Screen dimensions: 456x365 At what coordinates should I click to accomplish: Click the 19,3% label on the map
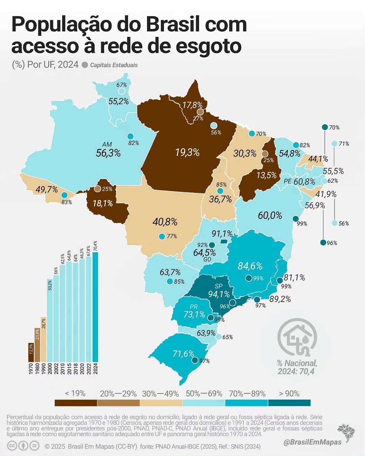tap(187, 152)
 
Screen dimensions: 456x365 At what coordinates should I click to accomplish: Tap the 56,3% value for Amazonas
tap(108, 153)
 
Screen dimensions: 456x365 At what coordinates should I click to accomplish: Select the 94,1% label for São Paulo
tap(219, 294)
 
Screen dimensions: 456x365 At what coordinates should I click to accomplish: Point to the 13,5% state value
tap(266, 175)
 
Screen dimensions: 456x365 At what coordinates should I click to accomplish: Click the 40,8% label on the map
tap(165, 222)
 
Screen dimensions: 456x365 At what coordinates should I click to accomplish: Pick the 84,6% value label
tap(250, 266)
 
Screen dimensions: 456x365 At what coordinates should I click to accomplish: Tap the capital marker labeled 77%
tap(162, 236)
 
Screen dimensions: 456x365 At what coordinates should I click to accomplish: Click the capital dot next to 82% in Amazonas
tap(130, 136)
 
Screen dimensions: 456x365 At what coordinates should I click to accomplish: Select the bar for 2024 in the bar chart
tap(95, 307)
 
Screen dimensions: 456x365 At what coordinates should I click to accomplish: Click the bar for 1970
tap(31, 352)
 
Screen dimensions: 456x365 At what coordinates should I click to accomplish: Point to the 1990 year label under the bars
tap(44, 368)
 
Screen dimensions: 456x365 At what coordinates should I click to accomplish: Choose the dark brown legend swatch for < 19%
tap(76, 403)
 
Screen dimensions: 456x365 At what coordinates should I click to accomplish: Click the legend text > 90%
tap(289, 394)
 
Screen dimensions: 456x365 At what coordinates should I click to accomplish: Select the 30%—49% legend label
tap(161, 394)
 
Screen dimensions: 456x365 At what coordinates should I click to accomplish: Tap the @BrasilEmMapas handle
tap(312, 442)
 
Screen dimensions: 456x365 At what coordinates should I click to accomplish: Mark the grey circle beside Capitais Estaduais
tap(85, 65)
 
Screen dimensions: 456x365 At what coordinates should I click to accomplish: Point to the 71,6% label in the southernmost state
tap(183, 354)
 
